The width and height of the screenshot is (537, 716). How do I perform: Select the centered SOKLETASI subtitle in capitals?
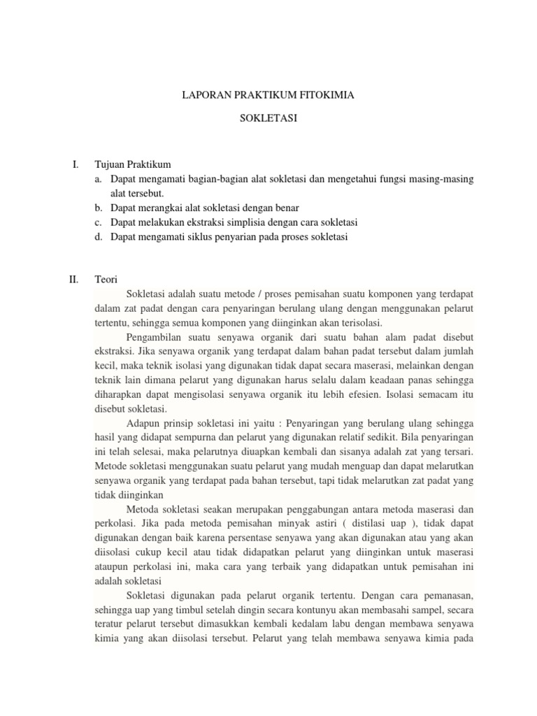[268, 119]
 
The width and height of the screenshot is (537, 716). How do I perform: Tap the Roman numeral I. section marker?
[75, 165]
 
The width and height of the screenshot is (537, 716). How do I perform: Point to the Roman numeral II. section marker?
[73, 279]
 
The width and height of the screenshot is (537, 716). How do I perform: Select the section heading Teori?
[107, 279]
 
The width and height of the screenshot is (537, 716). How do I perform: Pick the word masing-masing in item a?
[443, 179]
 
